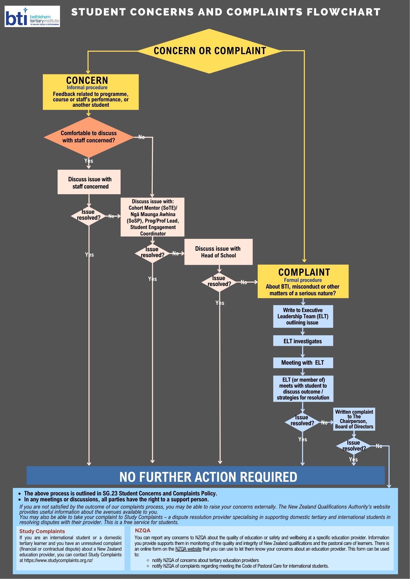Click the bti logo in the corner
pos(32,17)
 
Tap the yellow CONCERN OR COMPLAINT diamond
pos(210,51)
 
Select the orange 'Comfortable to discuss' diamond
pos(89,137)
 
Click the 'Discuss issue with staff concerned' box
pos(89,182)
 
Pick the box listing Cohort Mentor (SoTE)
pos(152,217)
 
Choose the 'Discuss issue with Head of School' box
pos(218,252)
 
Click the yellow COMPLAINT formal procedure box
pos(303,282)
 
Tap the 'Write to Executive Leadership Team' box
pos(303,316)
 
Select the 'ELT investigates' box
pos(303,341)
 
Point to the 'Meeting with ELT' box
pos(303,363)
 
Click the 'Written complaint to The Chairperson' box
pos(354,419)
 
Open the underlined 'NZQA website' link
pos(188,549)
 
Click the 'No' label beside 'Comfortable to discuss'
pos(142,137)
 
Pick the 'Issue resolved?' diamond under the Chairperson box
pos(354,446)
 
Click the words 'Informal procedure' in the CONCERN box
pos(87,87)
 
